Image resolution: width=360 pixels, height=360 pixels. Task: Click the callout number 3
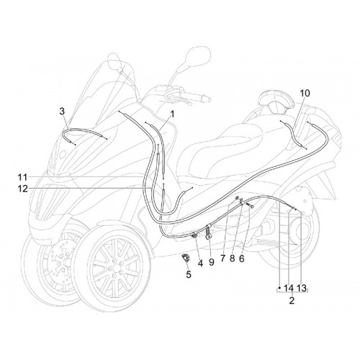click(x=62, y=112)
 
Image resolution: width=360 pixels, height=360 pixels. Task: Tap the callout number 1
click(x=172, y=114)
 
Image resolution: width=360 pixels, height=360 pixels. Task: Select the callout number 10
click(x=305, y=94)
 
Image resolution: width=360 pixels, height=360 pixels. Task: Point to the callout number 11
click(x=22, y=178)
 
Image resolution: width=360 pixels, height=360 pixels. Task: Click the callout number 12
click(x=22, y=189)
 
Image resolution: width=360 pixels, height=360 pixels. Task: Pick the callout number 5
click(x=189, y=274)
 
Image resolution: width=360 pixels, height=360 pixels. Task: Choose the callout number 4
click(x=200, y=264)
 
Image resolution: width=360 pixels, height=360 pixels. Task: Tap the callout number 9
click(x=212, y=262)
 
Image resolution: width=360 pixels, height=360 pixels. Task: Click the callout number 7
click(x=223, y=258)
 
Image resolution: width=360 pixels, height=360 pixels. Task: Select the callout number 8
click(x=232, y=258)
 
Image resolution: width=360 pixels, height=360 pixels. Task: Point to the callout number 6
click(x=242, y=258)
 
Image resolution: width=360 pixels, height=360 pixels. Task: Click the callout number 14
click(x=289, y=288)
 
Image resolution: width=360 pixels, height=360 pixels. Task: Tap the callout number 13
click(x=302, y=288)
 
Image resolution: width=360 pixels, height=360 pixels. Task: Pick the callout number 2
click(x=292, y=300)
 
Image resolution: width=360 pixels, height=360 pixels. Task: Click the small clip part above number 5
click(x=185, y=258)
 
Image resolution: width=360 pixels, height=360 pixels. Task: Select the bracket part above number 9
click(x=209, y=232)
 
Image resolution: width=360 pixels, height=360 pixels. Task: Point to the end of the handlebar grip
click(x=208, y=99)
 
